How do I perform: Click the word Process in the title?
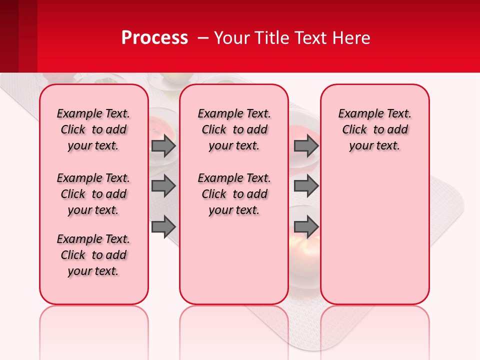(x=154, y=38)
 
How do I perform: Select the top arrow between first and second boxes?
(x=163, y=146)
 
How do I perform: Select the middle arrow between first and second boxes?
(x=163, y=186)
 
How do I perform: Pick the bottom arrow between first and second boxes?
(x=163, y=227)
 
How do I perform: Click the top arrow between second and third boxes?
(x=306, y=146)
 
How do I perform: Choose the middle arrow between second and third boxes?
(x=306, y=186)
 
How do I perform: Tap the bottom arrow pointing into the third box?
(x=306, y=227)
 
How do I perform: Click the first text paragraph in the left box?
(x=93, y=129)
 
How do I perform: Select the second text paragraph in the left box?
(x=93, y=194)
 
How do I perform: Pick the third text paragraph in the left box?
(x=93, y=255)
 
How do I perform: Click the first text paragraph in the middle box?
(x=234, y=129)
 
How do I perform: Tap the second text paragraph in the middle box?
(x=234, y=194)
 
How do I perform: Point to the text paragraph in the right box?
(x=374, y=129)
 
